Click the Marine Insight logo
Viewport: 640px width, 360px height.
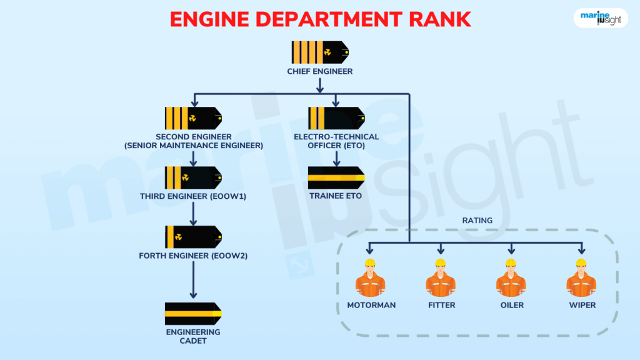pos(600,17)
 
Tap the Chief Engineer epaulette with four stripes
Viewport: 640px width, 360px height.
pos(319,52)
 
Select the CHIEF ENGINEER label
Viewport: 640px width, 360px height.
pos(319,71)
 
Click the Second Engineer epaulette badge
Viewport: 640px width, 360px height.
pos(193,118)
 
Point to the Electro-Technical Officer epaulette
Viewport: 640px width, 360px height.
pos(336,118)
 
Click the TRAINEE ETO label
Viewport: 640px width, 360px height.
pos(336,196)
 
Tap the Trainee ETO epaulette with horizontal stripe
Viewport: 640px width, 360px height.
pos(336,178)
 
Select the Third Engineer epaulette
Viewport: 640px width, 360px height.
pos(193,178)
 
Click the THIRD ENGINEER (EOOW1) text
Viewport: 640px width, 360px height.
pos(193,196)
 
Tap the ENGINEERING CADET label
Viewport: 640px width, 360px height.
pos(193,336)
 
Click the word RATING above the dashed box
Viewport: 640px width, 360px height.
pos(477,221)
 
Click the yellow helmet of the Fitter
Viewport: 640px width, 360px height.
pos(441,263)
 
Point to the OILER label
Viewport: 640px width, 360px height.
pos(511,306)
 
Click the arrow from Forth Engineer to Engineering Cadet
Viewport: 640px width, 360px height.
pos(193,279)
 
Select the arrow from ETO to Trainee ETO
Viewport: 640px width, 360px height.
pos(336,158)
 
